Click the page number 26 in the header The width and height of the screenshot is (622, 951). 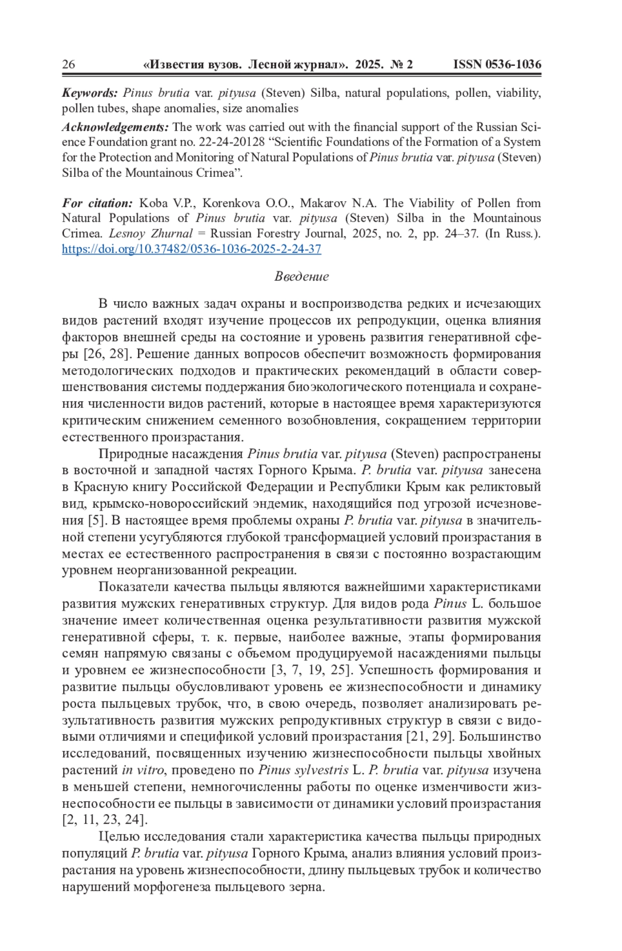tap(68, 64)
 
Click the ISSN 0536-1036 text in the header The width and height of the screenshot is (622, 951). tap(497, 64)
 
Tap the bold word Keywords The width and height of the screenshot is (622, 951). tap(90, 93)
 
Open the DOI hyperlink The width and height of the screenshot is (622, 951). tap(191, 249)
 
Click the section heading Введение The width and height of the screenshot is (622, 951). tap(301, 276)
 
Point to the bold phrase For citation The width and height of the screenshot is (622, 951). tap(97, 203)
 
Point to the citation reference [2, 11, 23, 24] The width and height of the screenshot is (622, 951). tap(105, 820)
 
